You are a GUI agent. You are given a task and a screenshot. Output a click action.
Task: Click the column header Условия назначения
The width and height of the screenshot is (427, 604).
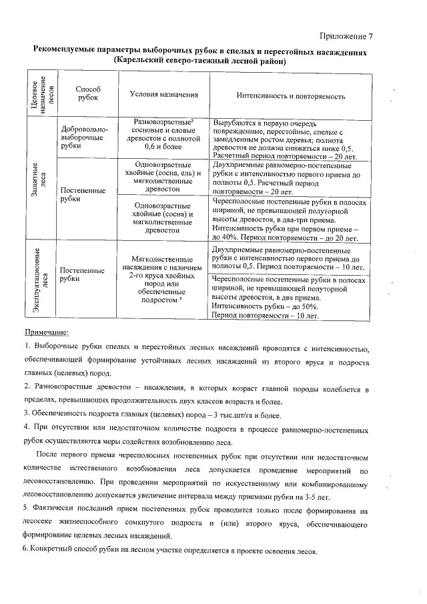[165, 95]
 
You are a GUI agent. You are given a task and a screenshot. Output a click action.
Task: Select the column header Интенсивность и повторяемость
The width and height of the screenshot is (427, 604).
[290, 96]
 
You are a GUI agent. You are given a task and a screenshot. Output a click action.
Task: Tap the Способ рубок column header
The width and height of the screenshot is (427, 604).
[87, 93]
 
